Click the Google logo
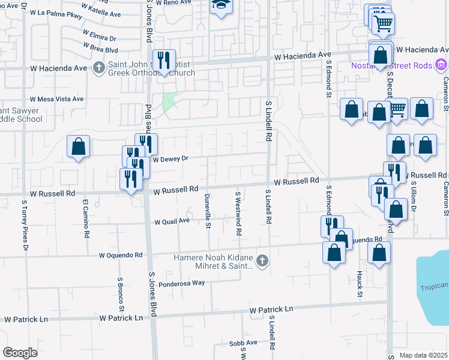point(20,353)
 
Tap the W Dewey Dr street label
point(171,160)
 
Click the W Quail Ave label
point(172,221)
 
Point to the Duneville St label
point(208,212)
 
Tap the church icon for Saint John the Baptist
point(99,67)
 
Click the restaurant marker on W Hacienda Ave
point(163,60)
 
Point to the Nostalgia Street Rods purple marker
point(441,64)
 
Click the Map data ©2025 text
point(424,355)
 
